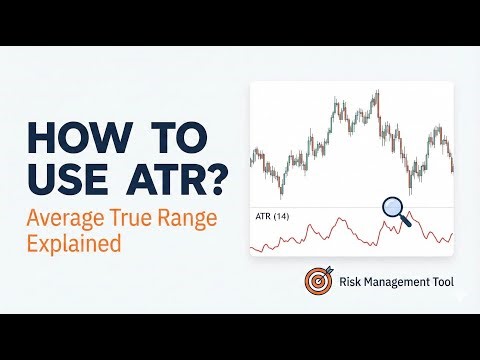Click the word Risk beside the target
tap(352, 283)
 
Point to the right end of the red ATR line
tap(452, 234)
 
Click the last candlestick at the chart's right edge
tap(452, 165)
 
